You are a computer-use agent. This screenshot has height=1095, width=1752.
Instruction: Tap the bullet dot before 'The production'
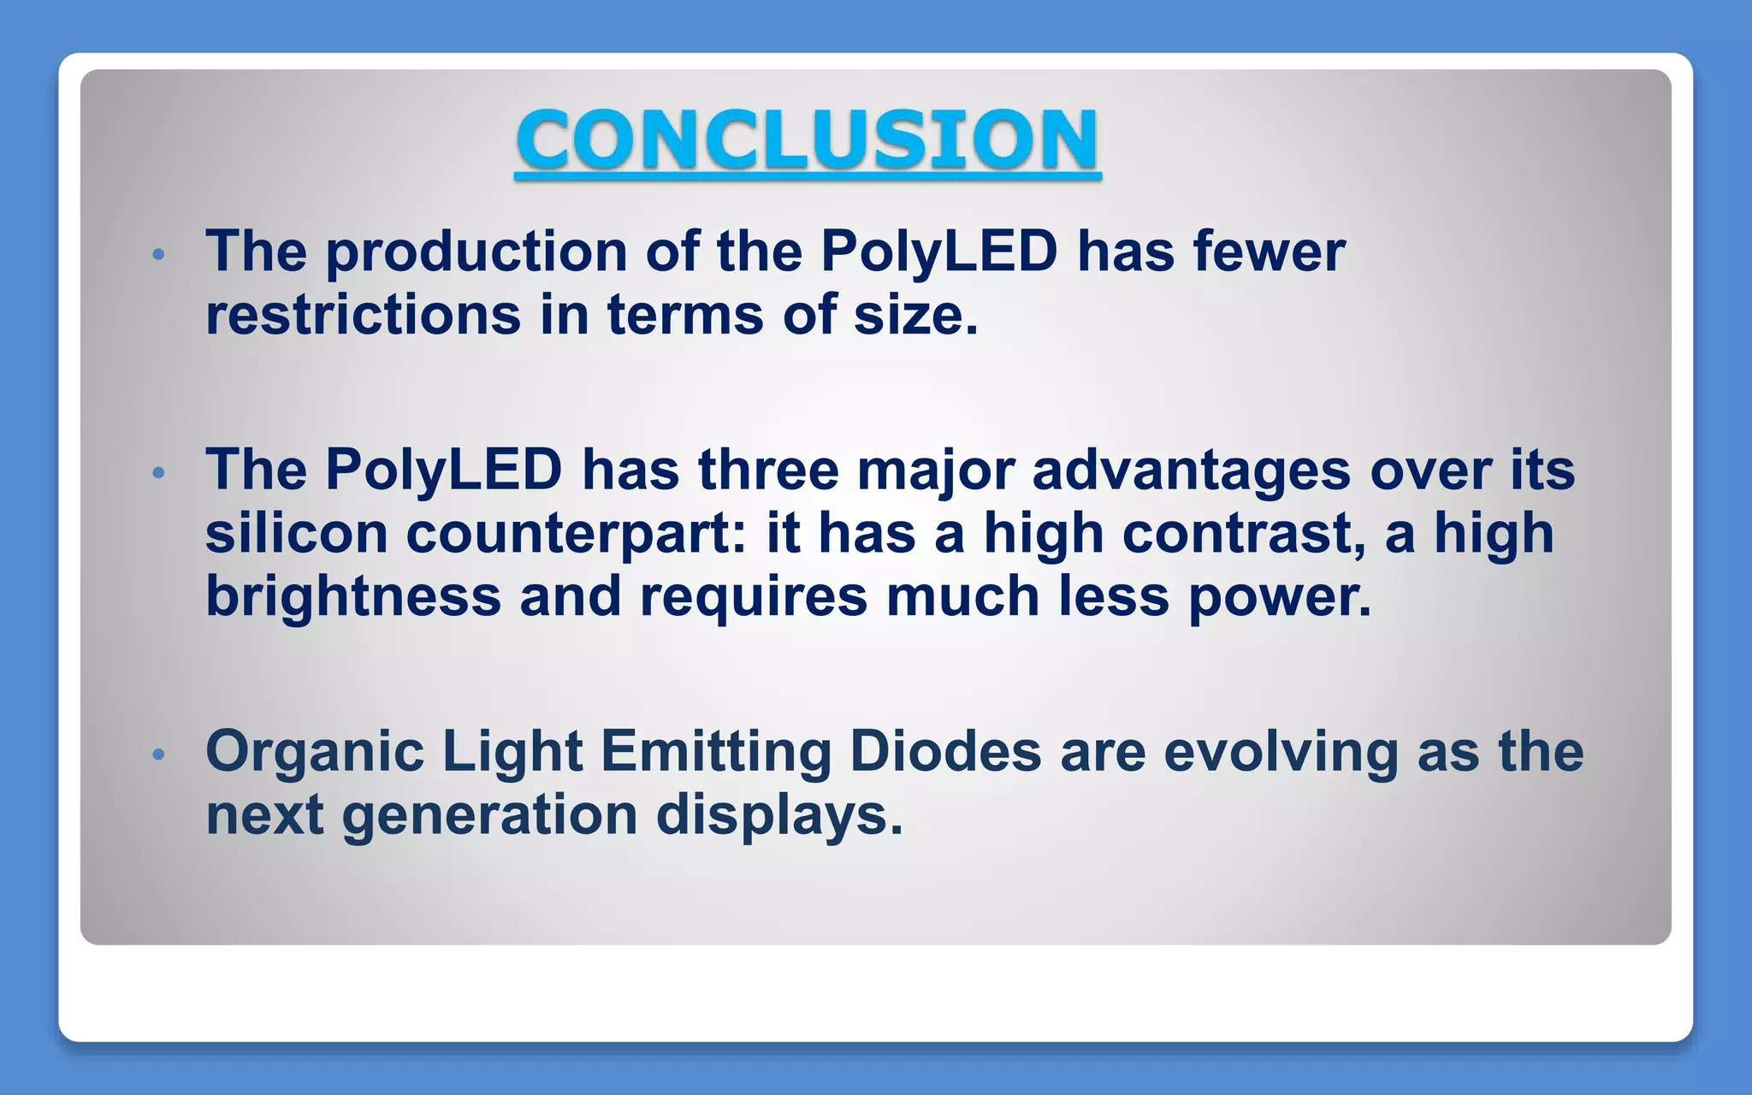[157, 254]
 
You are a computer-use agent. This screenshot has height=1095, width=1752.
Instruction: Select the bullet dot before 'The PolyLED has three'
[157, 472]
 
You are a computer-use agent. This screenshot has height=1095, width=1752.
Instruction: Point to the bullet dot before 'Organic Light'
[157, 754]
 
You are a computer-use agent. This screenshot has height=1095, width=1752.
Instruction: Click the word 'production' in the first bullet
[476, 253]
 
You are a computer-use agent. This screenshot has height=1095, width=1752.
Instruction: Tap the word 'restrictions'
[364, 315]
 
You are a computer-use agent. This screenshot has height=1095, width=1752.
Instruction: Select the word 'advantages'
[1192, 472]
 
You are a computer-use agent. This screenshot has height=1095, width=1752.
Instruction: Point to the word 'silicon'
[296, 534]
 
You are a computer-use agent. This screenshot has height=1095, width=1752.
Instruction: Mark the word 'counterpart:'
[576, 536]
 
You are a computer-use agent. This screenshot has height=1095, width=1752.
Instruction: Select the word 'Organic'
[315, 753]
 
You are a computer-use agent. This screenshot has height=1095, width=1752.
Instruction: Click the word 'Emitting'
[716, 753]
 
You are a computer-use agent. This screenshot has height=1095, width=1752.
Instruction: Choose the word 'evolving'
[1281, 753]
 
